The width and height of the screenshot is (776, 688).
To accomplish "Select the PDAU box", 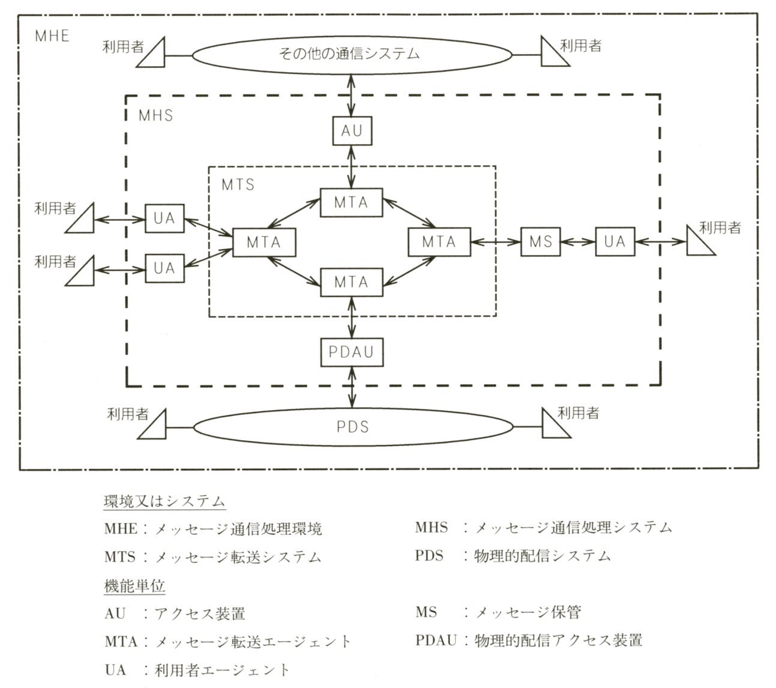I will [351, 351].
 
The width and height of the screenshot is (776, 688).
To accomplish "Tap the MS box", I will [540, 242].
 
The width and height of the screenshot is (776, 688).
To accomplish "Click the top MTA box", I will [351, 202].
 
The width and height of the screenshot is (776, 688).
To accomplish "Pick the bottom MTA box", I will [351, 282].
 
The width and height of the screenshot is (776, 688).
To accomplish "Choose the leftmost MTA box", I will [264, 243].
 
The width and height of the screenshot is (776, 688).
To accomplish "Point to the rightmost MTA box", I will [439, 242].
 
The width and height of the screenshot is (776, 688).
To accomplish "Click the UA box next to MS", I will [615, 242].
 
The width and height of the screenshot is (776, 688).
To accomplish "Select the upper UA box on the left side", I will [164, 218].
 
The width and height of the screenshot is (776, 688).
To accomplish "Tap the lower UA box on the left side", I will [164, 267].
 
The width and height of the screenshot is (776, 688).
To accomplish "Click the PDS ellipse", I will [352, 427].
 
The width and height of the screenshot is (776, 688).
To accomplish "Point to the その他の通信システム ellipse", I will [352, 54].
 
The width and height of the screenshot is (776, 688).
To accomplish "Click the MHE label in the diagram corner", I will [52, 35].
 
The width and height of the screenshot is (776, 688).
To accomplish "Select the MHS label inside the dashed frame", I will [155, 115].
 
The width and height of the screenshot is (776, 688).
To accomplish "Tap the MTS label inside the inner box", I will [238, 184].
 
